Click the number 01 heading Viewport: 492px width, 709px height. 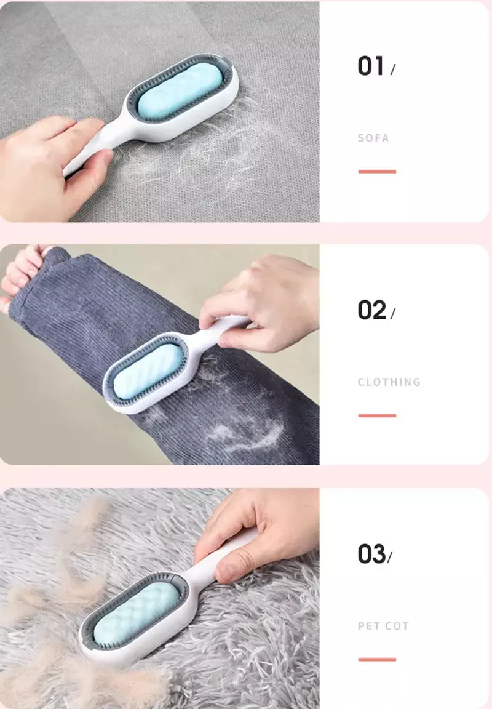371,66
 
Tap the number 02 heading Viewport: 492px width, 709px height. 372,310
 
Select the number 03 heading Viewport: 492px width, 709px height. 372,554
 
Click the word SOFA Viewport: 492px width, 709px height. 373,138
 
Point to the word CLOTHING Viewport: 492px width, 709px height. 389,382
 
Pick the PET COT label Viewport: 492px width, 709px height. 383,626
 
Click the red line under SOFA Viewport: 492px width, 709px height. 377,171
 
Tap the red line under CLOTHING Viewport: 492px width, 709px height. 377,415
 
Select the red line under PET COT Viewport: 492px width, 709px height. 377,660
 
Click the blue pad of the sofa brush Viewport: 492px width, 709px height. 180,92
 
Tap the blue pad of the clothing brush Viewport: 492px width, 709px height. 148,372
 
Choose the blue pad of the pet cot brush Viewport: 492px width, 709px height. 137,613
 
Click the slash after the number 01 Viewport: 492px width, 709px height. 392,70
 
